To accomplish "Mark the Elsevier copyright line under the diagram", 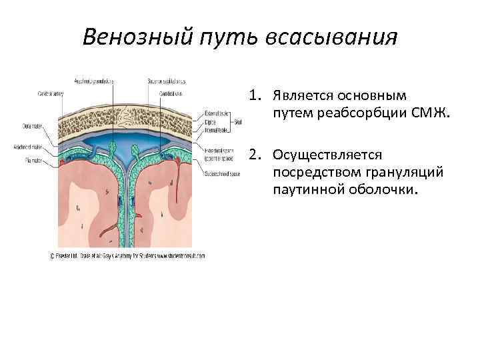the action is tap(127, 255).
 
